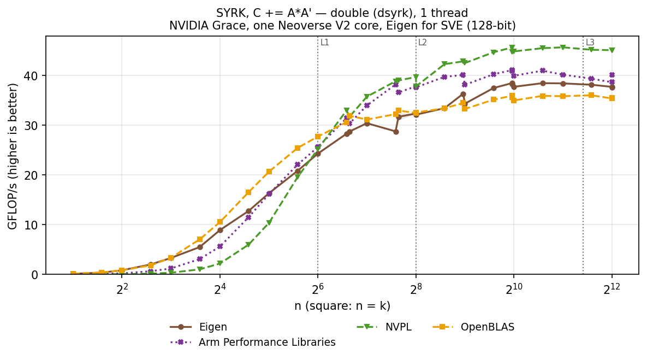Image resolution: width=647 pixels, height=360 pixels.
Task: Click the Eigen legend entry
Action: pyautogui.click(x=199, y=327)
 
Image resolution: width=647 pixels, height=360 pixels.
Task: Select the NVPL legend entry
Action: pyautogui.click(x=384, y=327)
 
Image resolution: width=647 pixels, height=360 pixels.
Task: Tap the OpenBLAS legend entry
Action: pyautogui.click(x=474, y=327)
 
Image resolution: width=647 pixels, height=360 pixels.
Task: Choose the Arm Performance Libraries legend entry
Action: pyautogui.click(x=253, y=343)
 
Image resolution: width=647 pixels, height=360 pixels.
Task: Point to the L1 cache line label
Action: pyautogui.click(x=325, y=43)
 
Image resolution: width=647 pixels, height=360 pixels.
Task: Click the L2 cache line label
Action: pyautogui.click(x=423, y=43)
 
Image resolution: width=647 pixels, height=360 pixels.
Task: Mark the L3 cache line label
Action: pyautogui.click(x=590, y=43)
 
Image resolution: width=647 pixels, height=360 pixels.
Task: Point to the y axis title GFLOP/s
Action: pyautogui.click(x=13, y=156)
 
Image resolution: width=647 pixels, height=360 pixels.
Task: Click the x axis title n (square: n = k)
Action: pyautogui.click(x=342, y=306)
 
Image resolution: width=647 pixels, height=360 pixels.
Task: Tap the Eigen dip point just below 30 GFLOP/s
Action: pyautogui.click(x=396, y=132)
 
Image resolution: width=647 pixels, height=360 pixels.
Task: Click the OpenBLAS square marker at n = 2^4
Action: pyautogui.click(x=220, y=222)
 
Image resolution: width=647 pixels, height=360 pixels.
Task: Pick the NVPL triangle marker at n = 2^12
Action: pyautogui.click(x=612, y=50)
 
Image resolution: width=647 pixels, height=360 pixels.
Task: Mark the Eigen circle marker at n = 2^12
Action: pyautogui.click(x=612, y=87)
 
